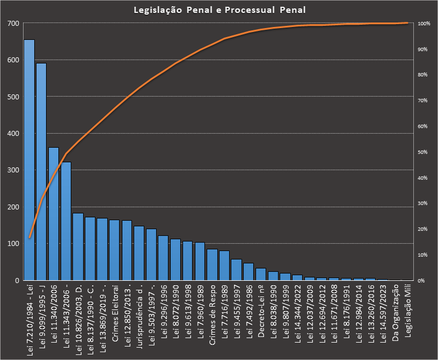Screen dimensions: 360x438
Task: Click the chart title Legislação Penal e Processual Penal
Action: click(219, 10)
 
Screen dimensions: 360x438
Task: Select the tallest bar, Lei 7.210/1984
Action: click(29, 160)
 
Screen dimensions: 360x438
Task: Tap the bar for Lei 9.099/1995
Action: click(42, 171)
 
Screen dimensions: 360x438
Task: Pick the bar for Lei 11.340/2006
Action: click(54, 213)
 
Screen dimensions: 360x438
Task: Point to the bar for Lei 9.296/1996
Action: click(163, 258)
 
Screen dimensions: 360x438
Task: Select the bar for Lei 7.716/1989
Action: click(225, 265)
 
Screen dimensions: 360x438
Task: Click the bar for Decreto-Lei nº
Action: click(261, 274)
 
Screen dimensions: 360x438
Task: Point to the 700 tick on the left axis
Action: click(12, 24)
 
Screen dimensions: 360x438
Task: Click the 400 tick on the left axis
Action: click(12, 134)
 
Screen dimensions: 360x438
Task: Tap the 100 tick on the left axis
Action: click(12, 244)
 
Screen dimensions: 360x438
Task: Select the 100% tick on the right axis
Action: click(424, 24)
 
